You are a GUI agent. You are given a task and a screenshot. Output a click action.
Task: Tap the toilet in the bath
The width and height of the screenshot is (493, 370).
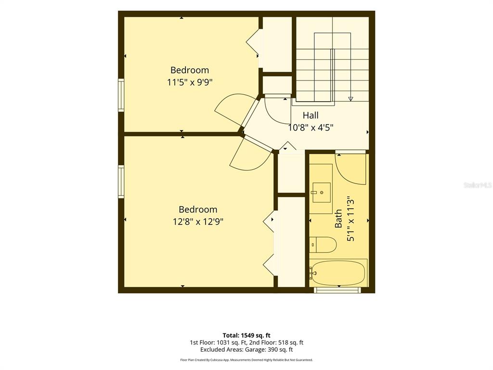(323, 245)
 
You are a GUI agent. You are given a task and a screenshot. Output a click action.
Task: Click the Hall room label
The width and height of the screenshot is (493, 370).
(311, 116)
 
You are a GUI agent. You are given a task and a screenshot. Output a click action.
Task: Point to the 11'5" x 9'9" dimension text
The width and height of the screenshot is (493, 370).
(190, 82)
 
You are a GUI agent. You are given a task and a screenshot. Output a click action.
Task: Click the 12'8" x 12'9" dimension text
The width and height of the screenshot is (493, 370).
(198, 222)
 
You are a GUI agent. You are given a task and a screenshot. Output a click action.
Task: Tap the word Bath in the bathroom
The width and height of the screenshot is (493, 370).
(338, 219)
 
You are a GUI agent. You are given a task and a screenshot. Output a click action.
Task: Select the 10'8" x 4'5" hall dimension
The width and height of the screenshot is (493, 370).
(311, 128)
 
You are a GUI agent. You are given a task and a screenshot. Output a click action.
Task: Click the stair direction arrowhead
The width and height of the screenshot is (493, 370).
(350, 99)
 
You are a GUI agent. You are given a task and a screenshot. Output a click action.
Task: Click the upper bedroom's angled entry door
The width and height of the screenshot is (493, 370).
(233, 110)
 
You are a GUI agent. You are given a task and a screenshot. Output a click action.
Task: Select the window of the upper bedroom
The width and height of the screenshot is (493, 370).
(121, 95)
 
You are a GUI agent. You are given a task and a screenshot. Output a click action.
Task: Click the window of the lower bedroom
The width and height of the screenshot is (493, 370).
(121, 182)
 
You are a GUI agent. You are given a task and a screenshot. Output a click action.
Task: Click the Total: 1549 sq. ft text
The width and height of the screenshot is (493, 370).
(246, 335)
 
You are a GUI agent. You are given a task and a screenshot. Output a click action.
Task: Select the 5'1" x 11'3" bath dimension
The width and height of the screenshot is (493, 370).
(350, 219)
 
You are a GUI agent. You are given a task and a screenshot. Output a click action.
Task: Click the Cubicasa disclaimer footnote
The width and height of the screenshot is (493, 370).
(246, 360)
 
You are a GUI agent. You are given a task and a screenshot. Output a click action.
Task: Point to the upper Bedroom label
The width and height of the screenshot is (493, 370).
(190, 70)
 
